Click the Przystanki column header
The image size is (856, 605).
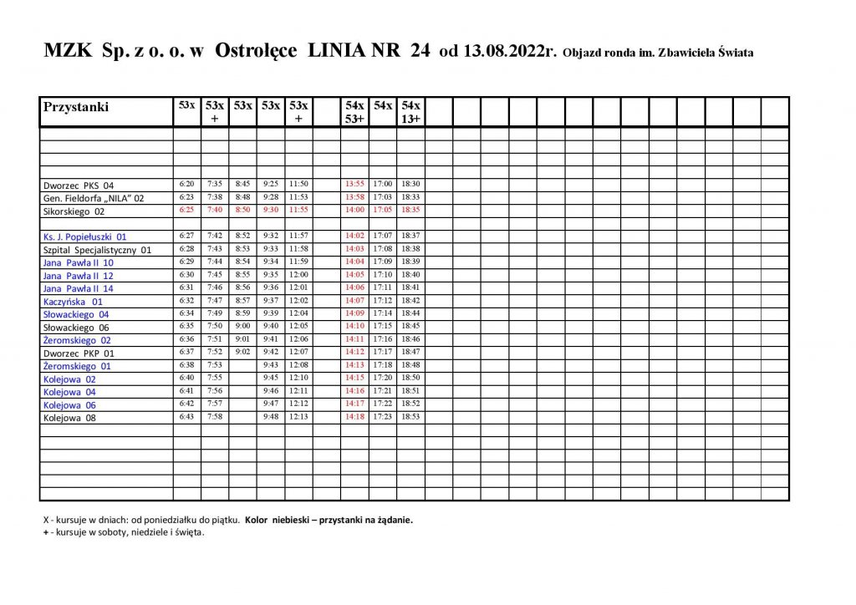pyautogui.click(x=76, y=108)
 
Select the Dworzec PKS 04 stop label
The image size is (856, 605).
pyautogui.click(x=78, y=185)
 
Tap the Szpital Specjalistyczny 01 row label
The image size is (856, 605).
pyautogui.click(x=97, y=250)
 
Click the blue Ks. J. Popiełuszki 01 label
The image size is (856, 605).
pyautogui.click(x=85, y=236)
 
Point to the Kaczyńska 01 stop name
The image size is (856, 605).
pyautogui.click(x=73, y=302)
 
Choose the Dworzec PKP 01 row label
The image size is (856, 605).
pyautogui.click(x=77, y=353)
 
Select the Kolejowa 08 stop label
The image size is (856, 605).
pyautogui.click(x=69, y=418)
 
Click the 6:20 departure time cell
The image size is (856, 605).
pyautogui.click(x=186, y=184)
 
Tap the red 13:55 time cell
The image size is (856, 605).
pyautogui.click(x=354, y=184)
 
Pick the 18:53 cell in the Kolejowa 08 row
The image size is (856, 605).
pyautogui.click(x=410, y=417)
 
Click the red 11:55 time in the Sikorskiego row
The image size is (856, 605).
pyautogui.click(x=298, y=210)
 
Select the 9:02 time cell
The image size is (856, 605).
pyautogui.click(x=242, y=352)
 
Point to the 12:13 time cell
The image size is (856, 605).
pyautogui.click(x=298, y=417)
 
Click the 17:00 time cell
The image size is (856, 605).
pyautogui.click(x=383, y=184)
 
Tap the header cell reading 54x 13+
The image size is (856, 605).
pyautogui.click(x=410, y=112)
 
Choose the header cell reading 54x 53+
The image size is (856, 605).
pyautogui.click(x=354, y=112)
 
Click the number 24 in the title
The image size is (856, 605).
pyautogui.click(x=420, y=51)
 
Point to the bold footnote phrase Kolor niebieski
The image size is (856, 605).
pyautogui.click(x=279, y=520)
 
